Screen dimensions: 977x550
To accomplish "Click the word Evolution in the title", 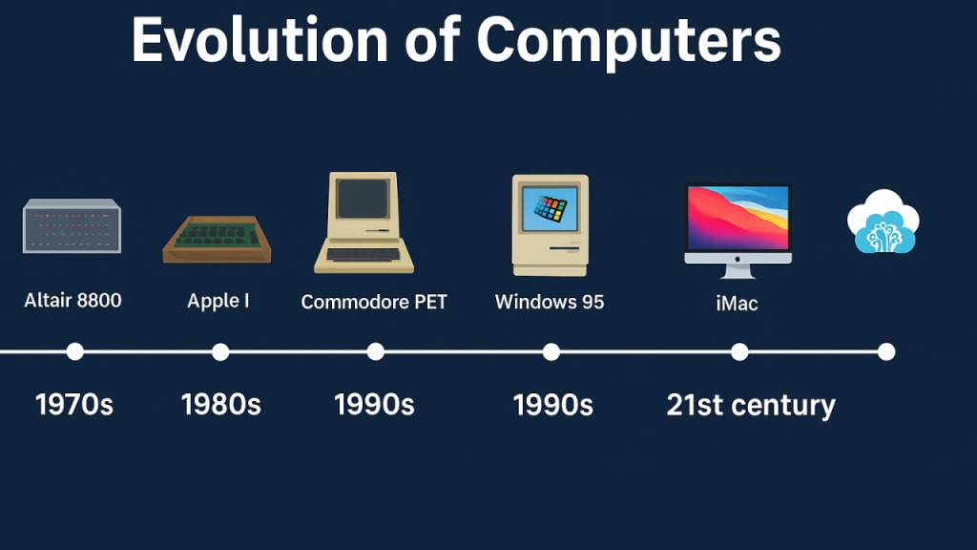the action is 260,40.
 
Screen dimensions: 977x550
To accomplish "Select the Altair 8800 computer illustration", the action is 72,225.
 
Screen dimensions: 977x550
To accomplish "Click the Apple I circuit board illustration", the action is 217,239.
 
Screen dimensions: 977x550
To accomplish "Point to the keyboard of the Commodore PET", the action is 364,254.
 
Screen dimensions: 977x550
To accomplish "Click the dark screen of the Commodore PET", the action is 363,199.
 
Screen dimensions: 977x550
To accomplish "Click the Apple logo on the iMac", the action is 738,258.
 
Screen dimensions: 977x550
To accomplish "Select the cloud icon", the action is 883,222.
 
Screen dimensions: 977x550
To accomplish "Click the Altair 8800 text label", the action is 73,301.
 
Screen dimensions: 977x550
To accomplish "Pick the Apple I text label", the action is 218,301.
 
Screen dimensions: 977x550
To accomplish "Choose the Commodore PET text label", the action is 374,302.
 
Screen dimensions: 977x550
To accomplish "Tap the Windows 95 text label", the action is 550,302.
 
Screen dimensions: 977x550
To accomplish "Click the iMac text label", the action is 738,304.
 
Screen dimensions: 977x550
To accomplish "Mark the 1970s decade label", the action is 74,405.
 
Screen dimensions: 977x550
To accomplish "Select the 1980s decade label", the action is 221,405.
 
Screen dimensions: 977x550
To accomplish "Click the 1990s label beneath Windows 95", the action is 552,405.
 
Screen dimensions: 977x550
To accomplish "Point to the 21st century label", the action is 751,405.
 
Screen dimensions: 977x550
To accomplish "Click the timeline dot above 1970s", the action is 74,351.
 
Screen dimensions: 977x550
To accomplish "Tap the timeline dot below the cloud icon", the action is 886,351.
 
